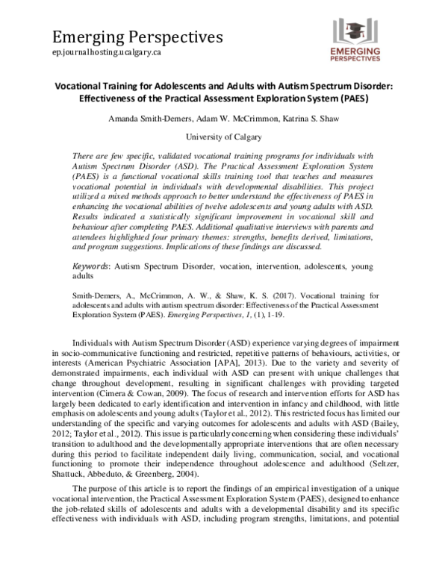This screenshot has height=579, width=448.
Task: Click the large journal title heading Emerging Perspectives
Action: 137,36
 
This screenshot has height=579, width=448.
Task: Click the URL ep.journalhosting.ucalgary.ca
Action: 108,54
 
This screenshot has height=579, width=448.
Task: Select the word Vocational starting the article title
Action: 81,85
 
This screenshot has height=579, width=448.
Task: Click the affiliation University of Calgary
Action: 223,137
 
